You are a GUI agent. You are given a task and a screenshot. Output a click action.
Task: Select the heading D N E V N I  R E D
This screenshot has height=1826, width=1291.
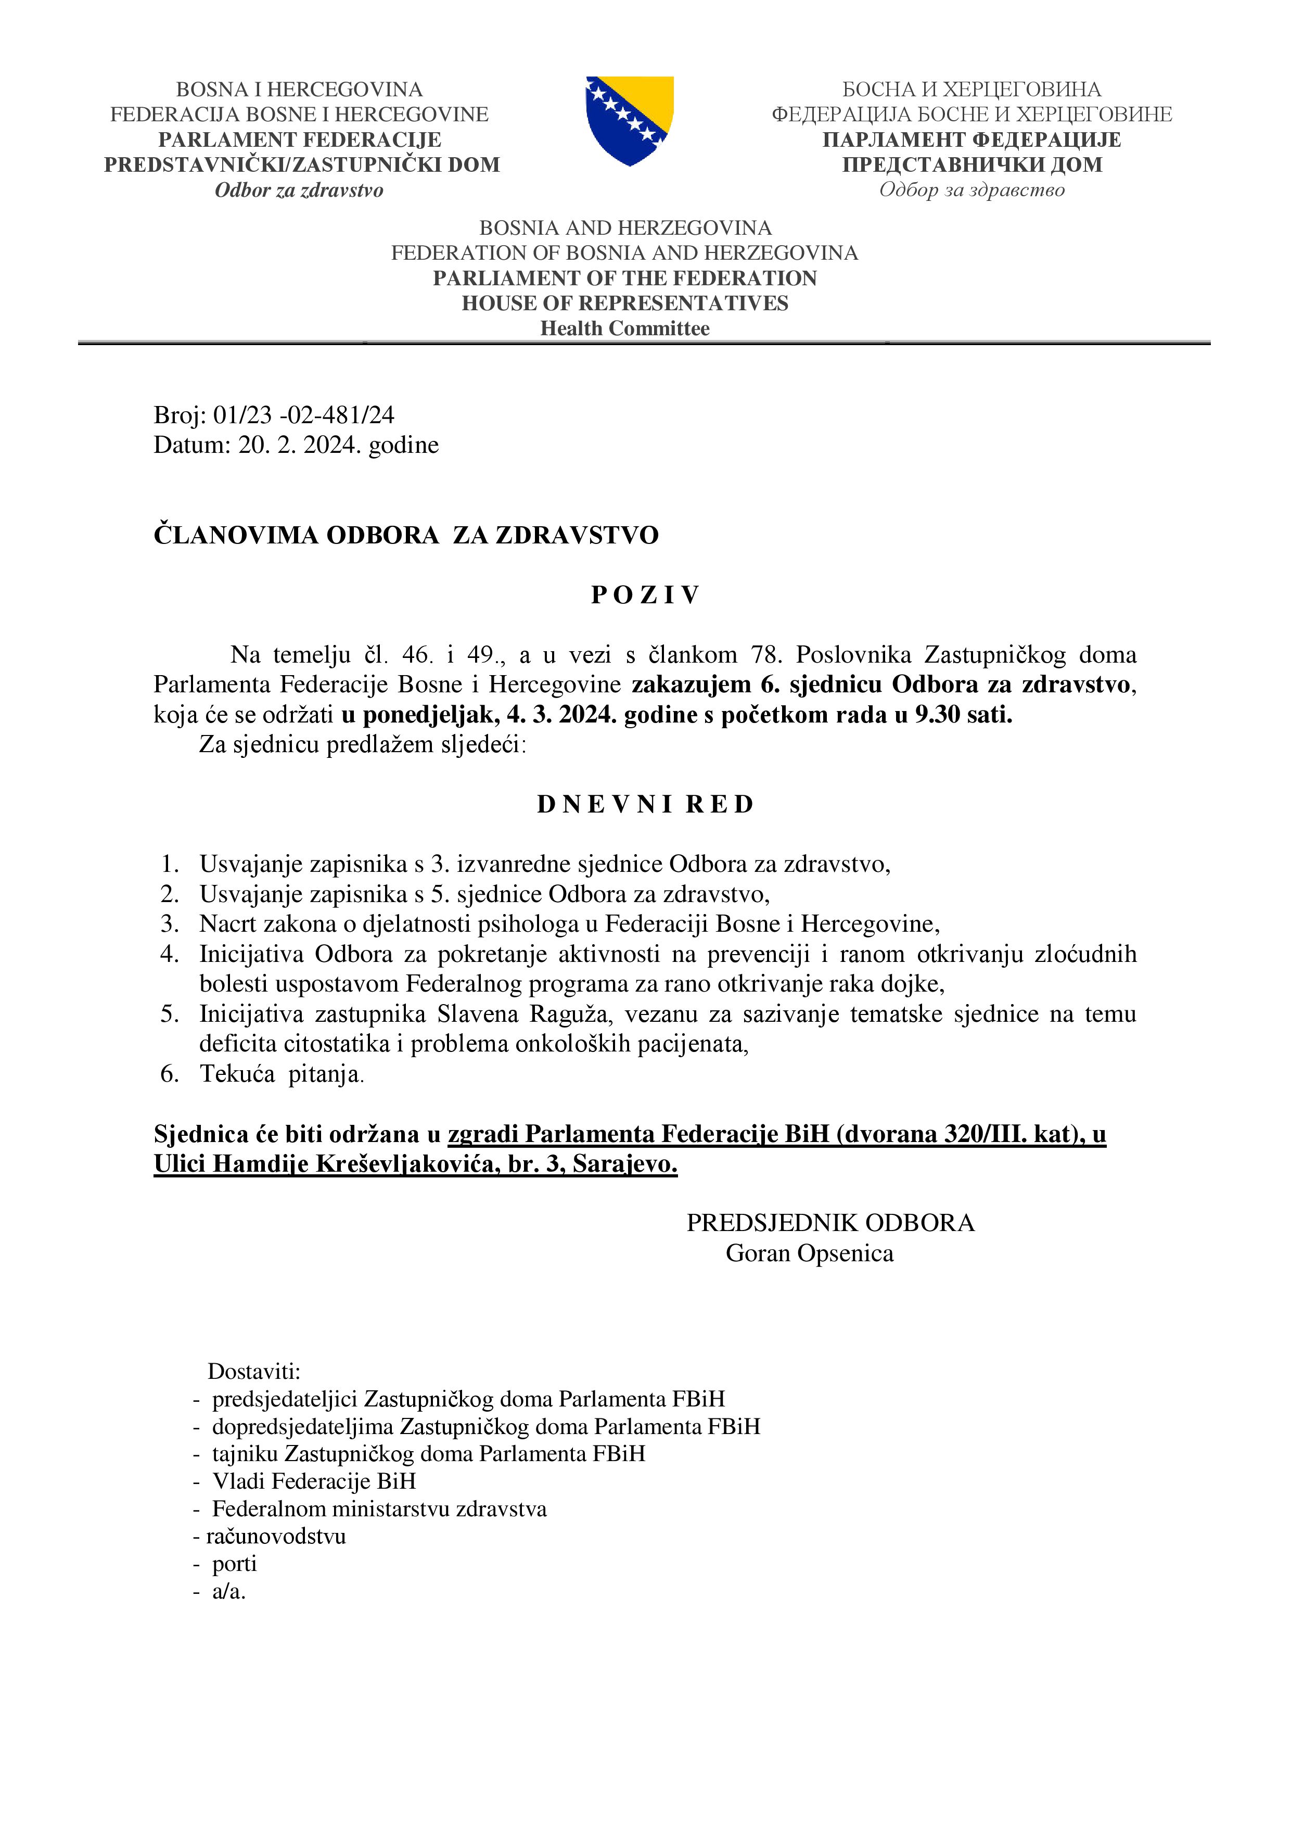[x=645, y=804]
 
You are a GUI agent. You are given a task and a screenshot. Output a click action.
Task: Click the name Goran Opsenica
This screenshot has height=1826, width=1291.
[x=809, y=1253]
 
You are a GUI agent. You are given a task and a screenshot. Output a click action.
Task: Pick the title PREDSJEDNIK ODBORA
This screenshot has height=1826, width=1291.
[x=830, y=1222]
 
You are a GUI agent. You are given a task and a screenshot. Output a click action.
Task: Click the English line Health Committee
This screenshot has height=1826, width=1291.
[x=625, y=328]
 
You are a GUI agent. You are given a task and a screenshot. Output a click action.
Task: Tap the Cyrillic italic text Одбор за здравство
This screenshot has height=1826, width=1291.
[x=972, y=190]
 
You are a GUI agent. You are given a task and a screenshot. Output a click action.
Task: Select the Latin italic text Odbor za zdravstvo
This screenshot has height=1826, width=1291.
[x=299, y=190]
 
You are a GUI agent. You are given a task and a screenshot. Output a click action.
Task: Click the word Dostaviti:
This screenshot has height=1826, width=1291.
[x=253, y=1371]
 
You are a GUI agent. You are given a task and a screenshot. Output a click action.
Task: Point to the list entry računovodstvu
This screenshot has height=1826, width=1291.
[x=276, y=1535]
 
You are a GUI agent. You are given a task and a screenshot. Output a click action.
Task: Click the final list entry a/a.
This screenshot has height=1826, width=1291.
[x=228, y=1591]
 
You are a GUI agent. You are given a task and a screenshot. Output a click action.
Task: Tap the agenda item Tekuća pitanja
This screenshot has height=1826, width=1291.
[x=282, y=1074]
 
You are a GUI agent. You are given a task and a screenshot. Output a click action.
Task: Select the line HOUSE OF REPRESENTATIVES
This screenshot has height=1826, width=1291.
[x=625, y=303]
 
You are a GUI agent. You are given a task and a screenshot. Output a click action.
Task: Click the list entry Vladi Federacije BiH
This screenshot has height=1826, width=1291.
[x=314, y=1481]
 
